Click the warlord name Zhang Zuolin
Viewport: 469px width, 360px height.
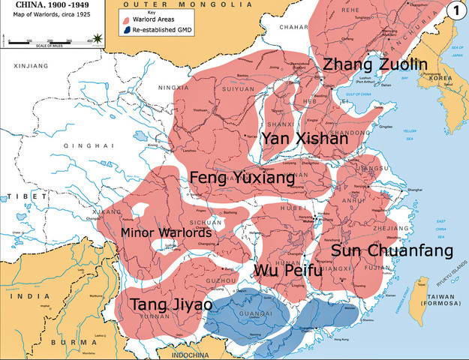click(374, 65)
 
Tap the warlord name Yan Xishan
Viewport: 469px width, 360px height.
click(304, 139)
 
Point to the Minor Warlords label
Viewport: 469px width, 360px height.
click(167, 232)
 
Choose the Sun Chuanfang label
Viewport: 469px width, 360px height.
click(392, 250)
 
